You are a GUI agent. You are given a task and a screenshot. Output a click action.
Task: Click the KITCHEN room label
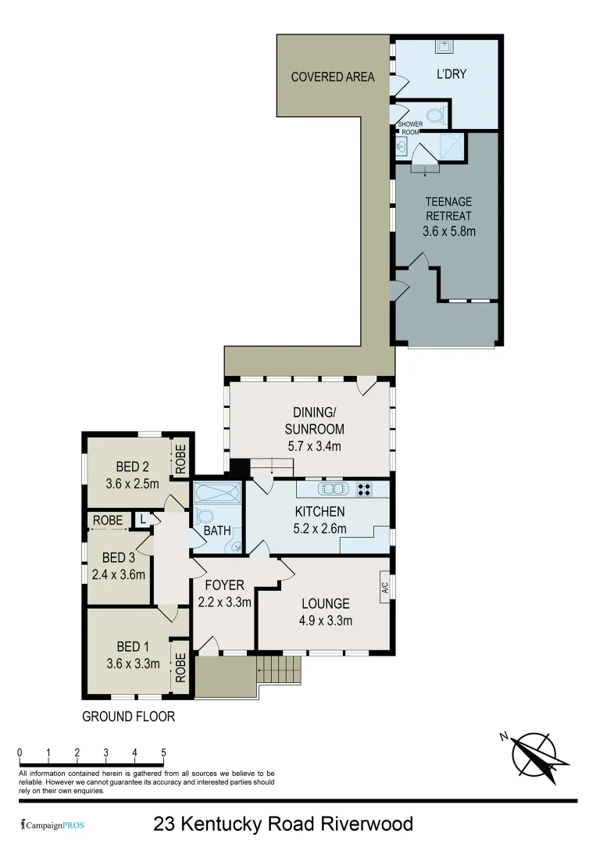[x=319, y=511]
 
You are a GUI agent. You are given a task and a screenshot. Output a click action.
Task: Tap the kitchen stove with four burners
[x=363, y=489]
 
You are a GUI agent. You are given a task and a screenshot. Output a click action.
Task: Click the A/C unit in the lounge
[x=384, y=588]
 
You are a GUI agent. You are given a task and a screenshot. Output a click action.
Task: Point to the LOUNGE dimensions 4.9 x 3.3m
[x=327, y=621]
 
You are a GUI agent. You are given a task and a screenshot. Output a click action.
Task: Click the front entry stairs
[x=280, y=669]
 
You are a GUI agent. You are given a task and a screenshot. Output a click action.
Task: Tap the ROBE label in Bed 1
[x=180, y=668]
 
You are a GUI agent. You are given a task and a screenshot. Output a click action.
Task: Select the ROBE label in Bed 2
[x=180, y=460]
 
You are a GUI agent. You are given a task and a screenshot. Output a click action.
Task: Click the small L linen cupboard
[x=143, y=520]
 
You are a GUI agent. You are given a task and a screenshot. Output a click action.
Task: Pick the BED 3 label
[x=120, y=557]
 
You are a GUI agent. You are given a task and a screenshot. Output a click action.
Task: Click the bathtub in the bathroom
[x=216, y=494]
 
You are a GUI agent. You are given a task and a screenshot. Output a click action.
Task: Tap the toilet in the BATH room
[x=206, y=517]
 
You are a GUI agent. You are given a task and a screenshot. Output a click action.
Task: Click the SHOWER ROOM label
[x=410, y=128]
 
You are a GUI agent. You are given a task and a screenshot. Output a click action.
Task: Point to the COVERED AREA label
[x=333, y=77]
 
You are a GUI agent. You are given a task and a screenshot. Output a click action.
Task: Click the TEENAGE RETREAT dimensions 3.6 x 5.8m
[x=449, y=231]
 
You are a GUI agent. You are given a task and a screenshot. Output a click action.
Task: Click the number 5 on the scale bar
[x=163, y=753]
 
